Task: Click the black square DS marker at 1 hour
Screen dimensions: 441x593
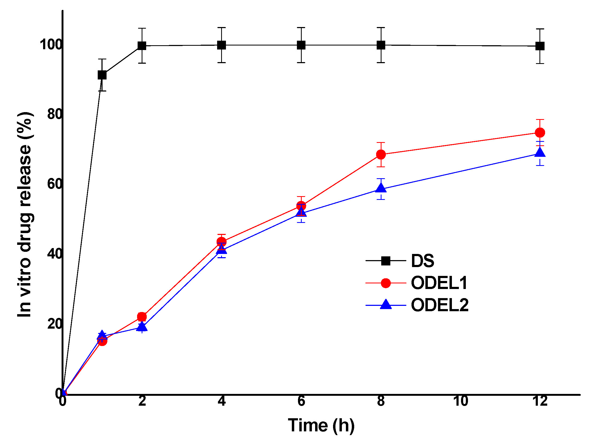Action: [x=102, y=75]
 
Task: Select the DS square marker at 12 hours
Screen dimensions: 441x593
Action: [x=540, y=46]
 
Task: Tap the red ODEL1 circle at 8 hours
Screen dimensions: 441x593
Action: [x=381, y=154]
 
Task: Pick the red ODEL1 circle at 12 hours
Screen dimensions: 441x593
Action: [x=540, y=132]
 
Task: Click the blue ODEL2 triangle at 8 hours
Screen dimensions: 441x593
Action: [x=381, y=188]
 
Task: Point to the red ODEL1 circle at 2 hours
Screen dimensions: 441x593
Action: [x=142, y=317]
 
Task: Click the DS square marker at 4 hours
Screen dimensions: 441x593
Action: [x=221, y=45]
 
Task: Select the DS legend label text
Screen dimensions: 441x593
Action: [x=422, y=261]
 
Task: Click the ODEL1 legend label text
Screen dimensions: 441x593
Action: [x=439, y=283]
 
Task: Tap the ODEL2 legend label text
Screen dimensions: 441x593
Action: [x=440, y=305]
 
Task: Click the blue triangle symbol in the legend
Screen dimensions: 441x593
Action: [x=386, y=305]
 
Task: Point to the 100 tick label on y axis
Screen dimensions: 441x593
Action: [x=51, y=44]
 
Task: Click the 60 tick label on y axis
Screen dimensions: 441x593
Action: [x=55, y=184]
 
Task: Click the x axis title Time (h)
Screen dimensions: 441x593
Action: [x=321, y=425]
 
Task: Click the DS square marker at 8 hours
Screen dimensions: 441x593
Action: [x=381, y=45]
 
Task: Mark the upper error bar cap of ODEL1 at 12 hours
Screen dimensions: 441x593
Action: [x=540, y=120]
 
